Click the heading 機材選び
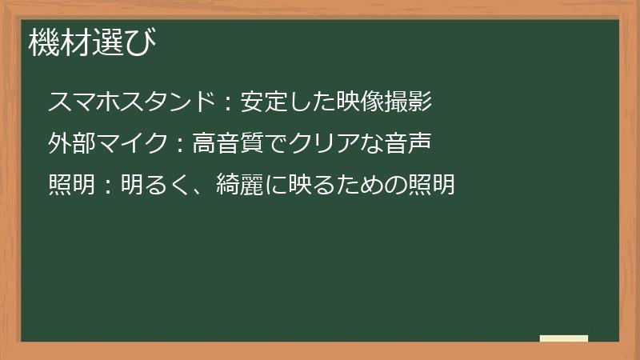coord(93,42)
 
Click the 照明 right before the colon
coord(71,185)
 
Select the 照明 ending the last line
coord(431,185)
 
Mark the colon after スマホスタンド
coord(227,102)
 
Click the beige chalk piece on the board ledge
coord(564,338)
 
